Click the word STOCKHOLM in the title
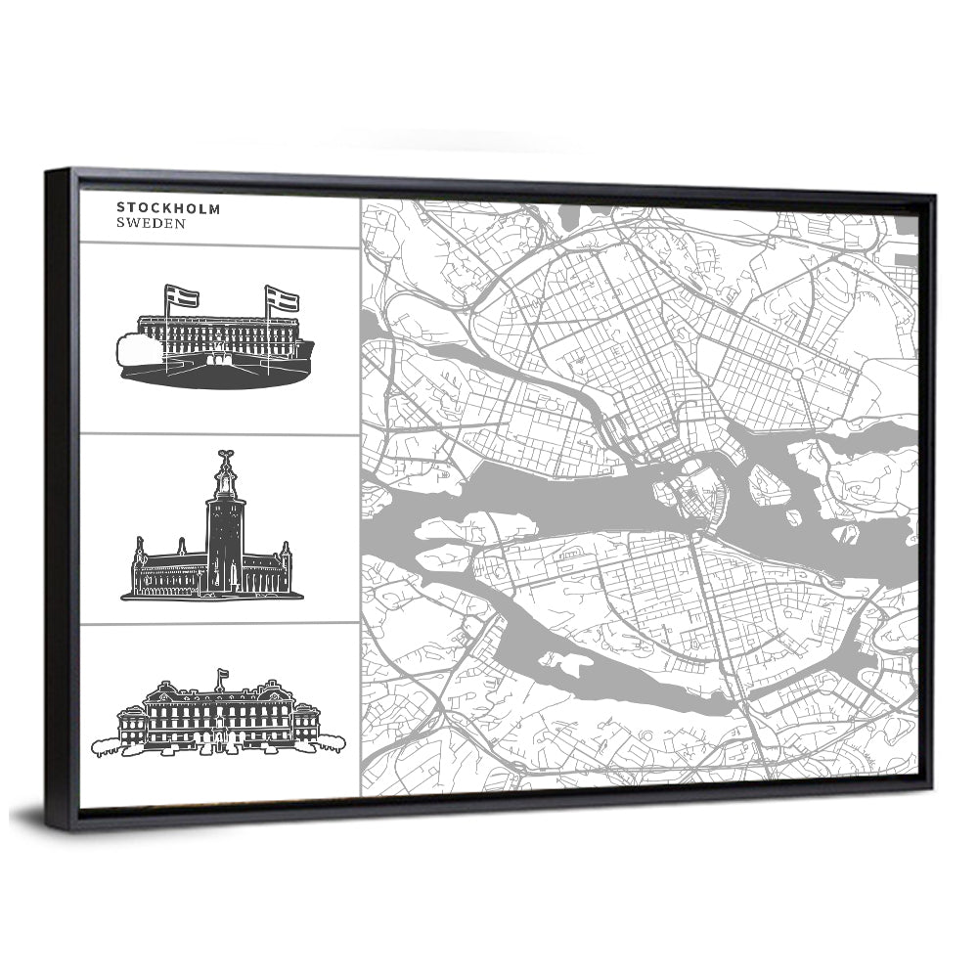[x=168, y=207]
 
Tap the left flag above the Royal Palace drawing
[x=182, y=295]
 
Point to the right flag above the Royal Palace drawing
[x=283, y=300]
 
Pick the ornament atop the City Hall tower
[x=226, y=457]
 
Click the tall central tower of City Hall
[x=226, y=533]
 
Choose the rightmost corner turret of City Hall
[x=286, y=556]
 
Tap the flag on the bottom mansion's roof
[x=222, y=674]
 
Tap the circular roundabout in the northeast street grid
[x=797, y=374]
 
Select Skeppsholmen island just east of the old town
[x=769, y=484]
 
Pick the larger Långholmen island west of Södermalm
[x=455, y=529]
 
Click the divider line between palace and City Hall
[x=219, y=433]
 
